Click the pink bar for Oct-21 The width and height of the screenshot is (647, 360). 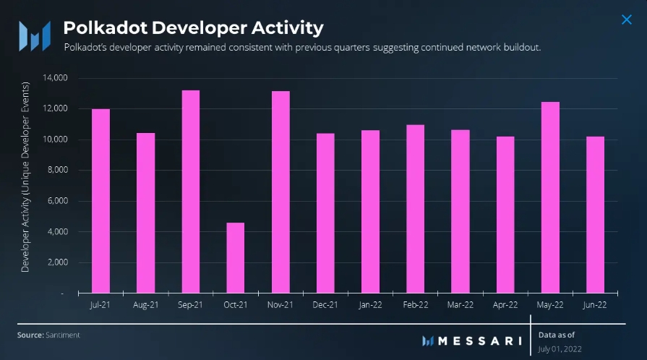235,258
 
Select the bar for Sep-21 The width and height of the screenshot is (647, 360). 190,192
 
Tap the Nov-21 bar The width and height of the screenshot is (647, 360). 280,192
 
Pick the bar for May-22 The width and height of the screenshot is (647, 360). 550,197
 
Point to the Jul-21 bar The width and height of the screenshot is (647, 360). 100,201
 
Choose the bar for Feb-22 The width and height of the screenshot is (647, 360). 415,209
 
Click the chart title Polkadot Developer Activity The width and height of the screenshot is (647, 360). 193,28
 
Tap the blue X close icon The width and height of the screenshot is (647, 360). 626,20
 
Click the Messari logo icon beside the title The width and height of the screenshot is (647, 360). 34,33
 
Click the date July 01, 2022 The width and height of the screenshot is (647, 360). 560,348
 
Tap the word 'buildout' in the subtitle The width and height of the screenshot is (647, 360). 522,48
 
